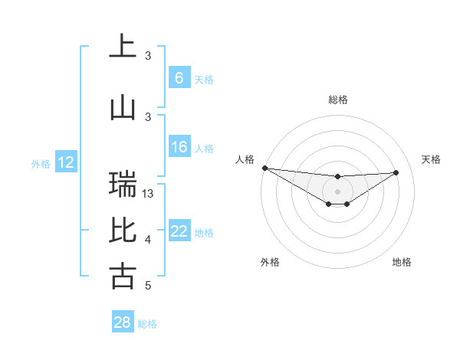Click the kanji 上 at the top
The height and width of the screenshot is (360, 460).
pyautogui.click(x=123, y=46)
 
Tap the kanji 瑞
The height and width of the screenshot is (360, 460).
pyautogui.click(x=123, y=184)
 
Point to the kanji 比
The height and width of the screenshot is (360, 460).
pyautogui.click(x=123, y=229)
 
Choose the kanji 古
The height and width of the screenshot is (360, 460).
pyautogui.click(x=123, y=275)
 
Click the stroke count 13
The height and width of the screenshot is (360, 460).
pyautogui.click(x=149, y=194)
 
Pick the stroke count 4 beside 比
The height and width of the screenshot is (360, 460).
pyautogui.click(x=148, y=240)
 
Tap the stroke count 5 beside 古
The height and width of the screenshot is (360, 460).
pyautogui.click(x=148, y=286)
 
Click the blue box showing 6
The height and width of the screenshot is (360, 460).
pyautogui.click(x=179, y=77)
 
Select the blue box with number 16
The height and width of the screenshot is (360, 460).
pyautogui.click(x=179, y=147)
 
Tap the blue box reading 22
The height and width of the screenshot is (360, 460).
pyautogui.click(x=179, y=231)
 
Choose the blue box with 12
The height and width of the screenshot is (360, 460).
pyautogui.click(x=66, y=162)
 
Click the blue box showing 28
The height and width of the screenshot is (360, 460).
pyautogui.click(x=123, y=322)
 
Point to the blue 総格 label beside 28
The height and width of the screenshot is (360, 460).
pyautogui.click(x=147, y=324)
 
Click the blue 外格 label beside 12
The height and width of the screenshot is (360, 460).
pyautogui.click(x=41, y=163)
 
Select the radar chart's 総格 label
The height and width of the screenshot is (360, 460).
pyautogui.click(x=337, y=100)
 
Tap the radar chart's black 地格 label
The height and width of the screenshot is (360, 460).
pyautogui.click(x=402, y=262)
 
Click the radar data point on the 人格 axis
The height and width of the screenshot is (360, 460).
pyautogui.click(x=264, y=168)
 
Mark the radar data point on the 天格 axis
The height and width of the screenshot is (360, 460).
pyautogui.click(x=396, y=172)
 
